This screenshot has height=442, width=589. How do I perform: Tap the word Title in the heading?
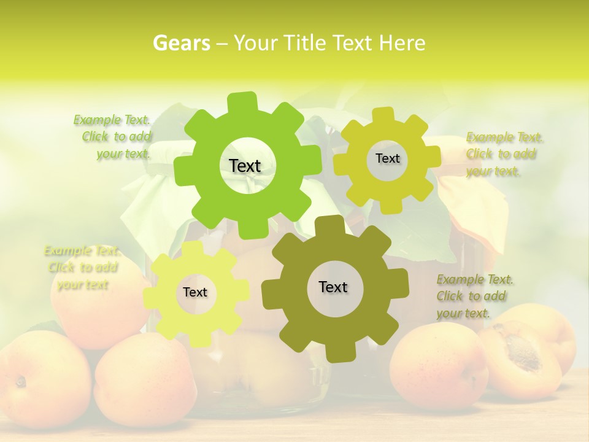coord(306,43)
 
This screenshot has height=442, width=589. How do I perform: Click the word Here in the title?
coord(402,43)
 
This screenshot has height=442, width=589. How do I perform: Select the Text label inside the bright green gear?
coord(245,166)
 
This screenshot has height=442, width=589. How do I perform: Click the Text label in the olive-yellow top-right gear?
coord(387,158)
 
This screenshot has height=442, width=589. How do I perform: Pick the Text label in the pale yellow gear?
coord(195,292)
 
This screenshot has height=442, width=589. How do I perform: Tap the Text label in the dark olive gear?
coord(333,287)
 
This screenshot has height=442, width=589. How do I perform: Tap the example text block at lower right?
coord(475,296)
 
